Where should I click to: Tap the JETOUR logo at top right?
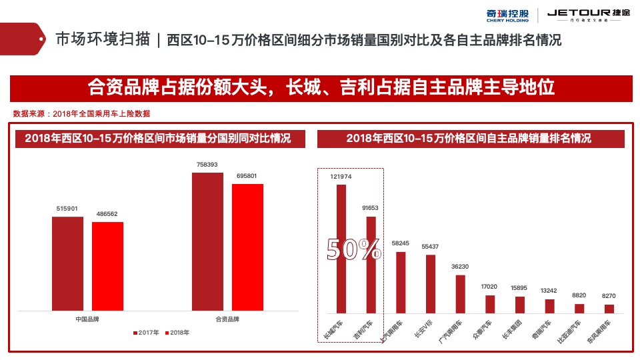click(x=583, y=15)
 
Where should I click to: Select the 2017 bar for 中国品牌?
click(x=67, y=263)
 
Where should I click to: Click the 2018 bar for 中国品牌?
click(x=107, y=266)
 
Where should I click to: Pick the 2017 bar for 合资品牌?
click(x=207, y=241)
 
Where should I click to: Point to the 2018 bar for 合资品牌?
click(x=247, y=247)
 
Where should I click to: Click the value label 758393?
click(x=207, y=165)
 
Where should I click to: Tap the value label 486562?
click(x=107, y=214)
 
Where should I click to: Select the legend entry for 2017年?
click(x=146, y=332)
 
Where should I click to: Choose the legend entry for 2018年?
click(x=177, y=332)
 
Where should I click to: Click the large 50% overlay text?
click(x=353, y=249)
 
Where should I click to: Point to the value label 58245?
click(x=401, y=244)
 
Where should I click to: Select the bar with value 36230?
click(x=460, y=294)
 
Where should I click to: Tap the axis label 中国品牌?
click(x=87, y=319)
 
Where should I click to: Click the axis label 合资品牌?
click(x=227, y=319)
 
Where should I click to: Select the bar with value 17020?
click(x=490, y=304)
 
